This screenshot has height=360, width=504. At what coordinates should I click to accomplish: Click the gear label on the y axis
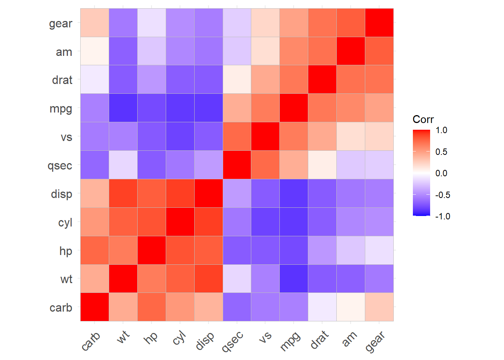pos(60,24)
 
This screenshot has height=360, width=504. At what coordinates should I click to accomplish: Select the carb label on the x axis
pos(91,341)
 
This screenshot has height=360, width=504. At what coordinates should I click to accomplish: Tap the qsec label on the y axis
pos(60,165)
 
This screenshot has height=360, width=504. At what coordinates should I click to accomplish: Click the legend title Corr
pos(423,119)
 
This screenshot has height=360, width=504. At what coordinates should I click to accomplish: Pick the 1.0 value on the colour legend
pos(441,130)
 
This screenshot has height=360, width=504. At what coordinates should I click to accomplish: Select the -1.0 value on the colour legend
pos(442,216)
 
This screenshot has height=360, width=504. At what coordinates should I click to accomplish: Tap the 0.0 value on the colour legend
pos(441,173)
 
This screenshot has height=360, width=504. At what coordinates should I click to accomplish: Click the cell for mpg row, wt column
pos(123,108)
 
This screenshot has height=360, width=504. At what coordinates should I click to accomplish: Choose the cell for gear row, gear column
pos(379,23)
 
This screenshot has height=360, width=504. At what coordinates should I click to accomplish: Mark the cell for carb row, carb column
pos(94,307)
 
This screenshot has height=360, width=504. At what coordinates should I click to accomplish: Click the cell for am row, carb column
pos(94,51)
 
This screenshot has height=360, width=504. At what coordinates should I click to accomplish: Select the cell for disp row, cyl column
pos(180,193)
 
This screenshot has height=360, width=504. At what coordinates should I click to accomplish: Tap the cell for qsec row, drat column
pos(322,165)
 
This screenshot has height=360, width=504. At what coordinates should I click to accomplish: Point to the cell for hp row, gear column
pos(379,250)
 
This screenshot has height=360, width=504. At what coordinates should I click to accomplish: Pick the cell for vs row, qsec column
pos(237,136)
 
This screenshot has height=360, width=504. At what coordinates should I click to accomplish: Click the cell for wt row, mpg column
pos(294,279)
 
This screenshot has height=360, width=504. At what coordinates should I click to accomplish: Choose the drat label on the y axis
pos(62,80)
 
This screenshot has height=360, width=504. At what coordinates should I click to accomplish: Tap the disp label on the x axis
pos(205,341)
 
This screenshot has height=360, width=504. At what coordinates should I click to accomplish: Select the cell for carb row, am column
pos(351,307)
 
